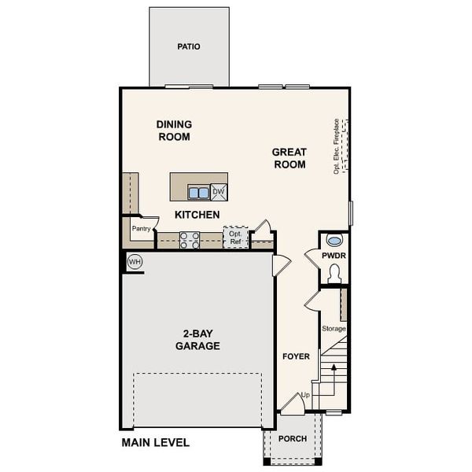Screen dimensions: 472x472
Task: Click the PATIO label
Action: [189, 46]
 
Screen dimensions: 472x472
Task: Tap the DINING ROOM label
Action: [174, 131]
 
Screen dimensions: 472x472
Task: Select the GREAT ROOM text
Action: [289, 158]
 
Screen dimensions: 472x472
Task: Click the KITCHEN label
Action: [197, 215]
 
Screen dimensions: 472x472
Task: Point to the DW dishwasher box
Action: [219, 192]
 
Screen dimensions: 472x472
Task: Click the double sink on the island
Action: [198, 192]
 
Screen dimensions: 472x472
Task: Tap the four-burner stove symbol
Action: [190, 240]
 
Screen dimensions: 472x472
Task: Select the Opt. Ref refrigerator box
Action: [235, 238]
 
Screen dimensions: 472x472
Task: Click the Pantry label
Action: [141, 229]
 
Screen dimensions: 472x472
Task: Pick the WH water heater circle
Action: [135, 261]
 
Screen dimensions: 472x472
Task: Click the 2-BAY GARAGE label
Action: [197, 340]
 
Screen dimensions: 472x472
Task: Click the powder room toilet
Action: [334, 273]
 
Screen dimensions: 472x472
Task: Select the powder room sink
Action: [334, 241]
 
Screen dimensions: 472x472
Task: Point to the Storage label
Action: [334, 328]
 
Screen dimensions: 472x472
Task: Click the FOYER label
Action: [296, 356]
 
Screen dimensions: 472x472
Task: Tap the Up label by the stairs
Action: [304, 395]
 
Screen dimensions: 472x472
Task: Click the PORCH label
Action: [293, 440]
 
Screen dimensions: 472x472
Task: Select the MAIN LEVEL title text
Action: [155, 443]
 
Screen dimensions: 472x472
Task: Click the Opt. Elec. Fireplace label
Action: [337, 146]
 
